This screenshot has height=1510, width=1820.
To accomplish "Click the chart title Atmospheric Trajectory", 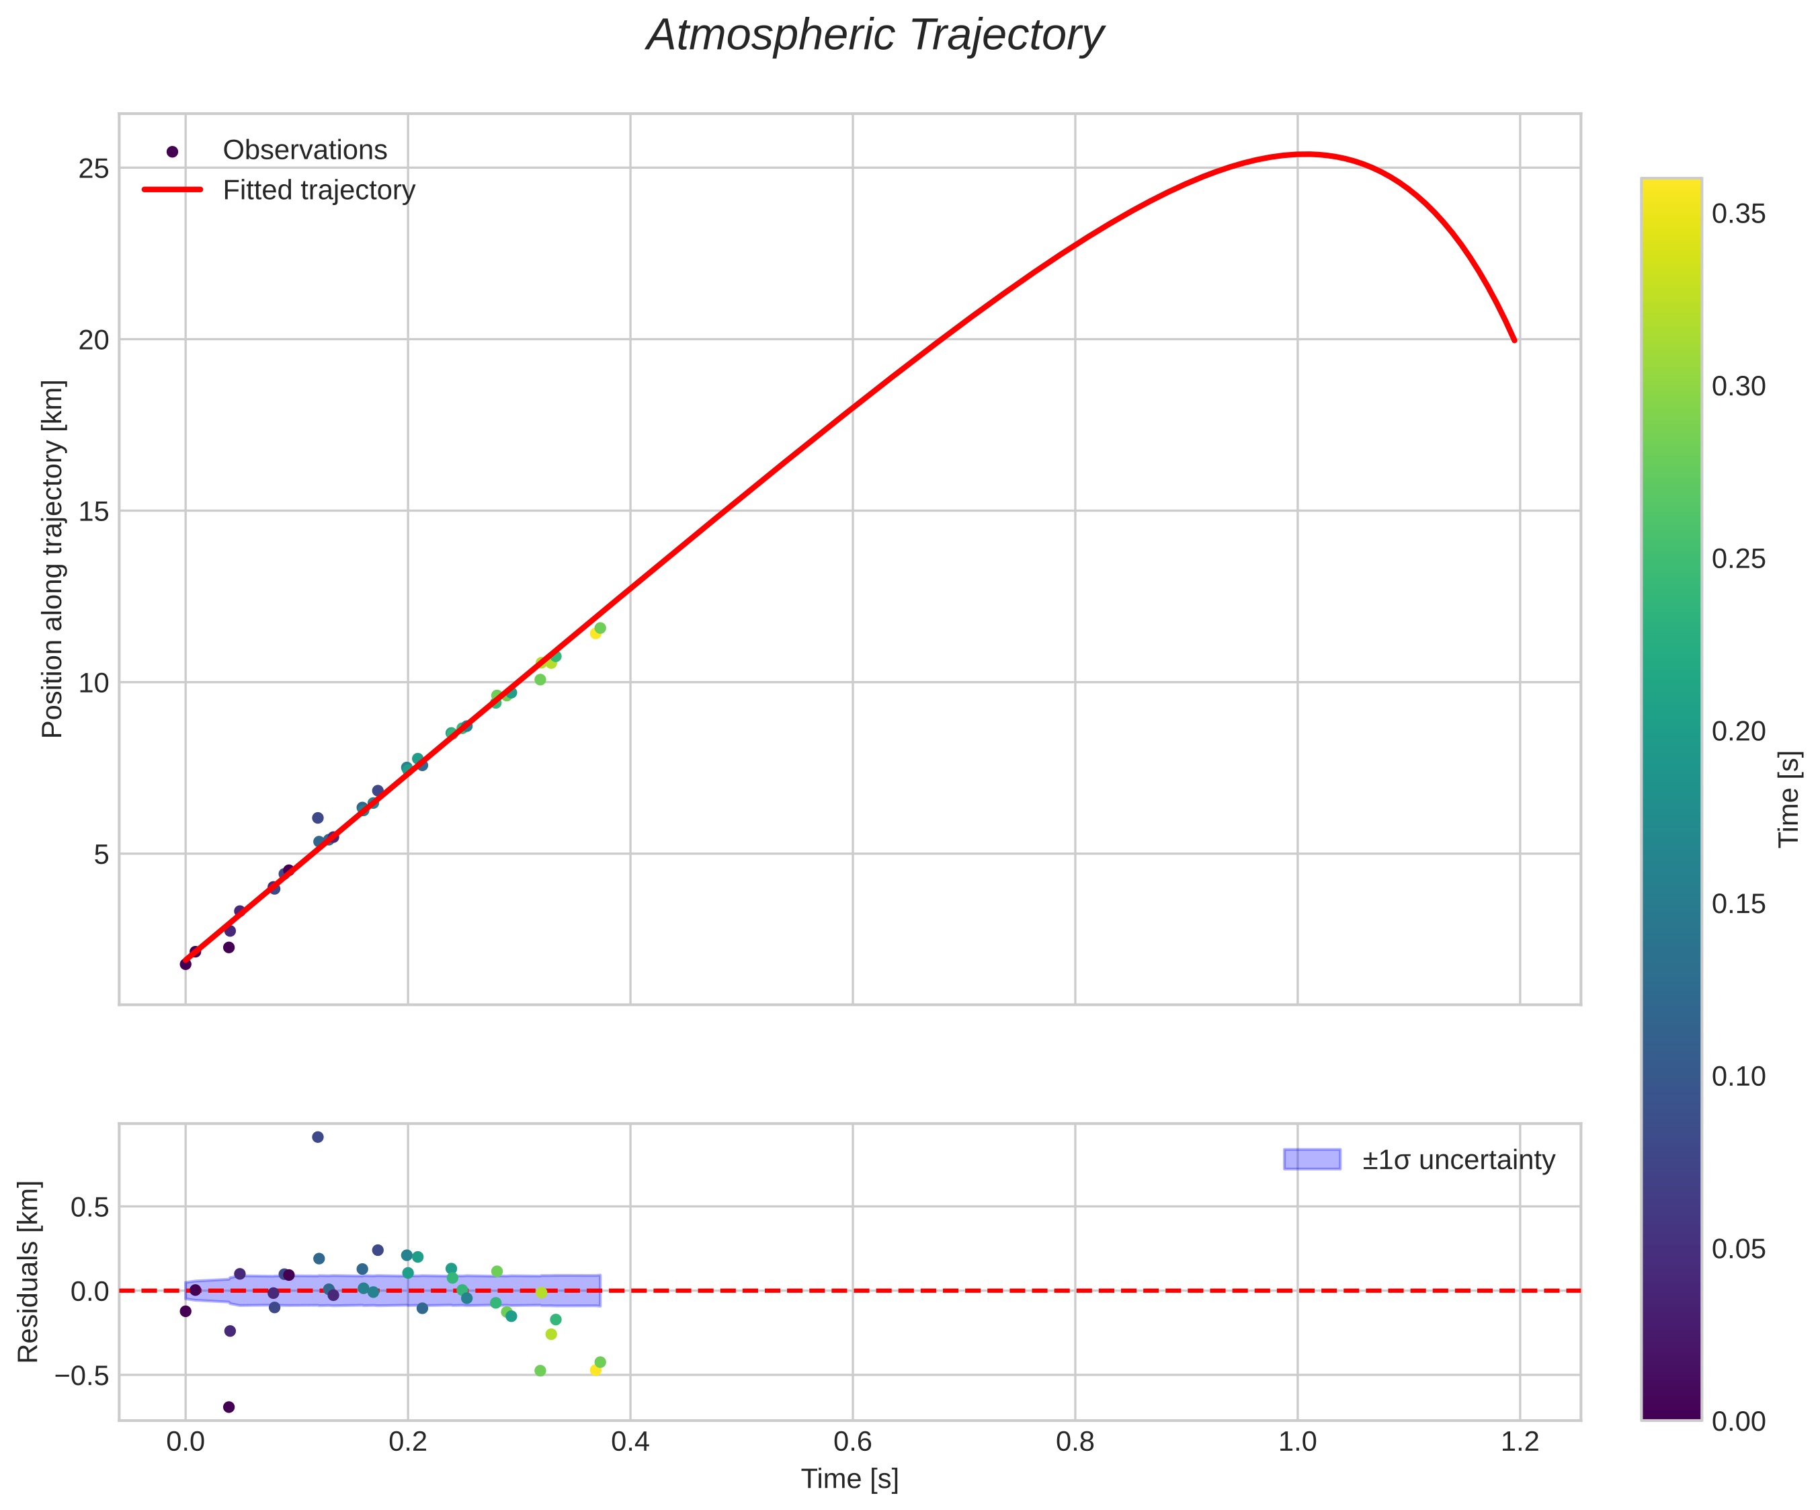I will coord(874,36).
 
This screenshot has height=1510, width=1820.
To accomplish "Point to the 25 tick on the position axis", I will coord(93,168).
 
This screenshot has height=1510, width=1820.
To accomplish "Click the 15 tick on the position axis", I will coord(93,512).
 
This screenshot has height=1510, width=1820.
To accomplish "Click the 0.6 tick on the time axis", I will coord(852,1441).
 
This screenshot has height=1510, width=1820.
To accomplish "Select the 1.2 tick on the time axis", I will coord(1520,1441).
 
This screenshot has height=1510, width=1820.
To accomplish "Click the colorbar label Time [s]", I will coord(1789,799).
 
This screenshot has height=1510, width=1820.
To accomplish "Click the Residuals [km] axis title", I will coord(29,1271).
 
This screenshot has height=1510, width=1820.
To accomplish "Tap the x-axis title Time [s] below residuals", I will coord(850,1480).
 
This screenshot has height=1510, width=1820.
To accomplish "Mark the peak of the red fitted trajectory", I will coord(1305,154).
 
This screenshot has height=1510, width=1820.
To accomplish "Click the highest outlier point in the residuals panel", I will coord(317,1138).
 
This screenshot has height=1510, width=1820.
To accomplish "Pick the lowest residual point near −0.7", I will coord(229,1407).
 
